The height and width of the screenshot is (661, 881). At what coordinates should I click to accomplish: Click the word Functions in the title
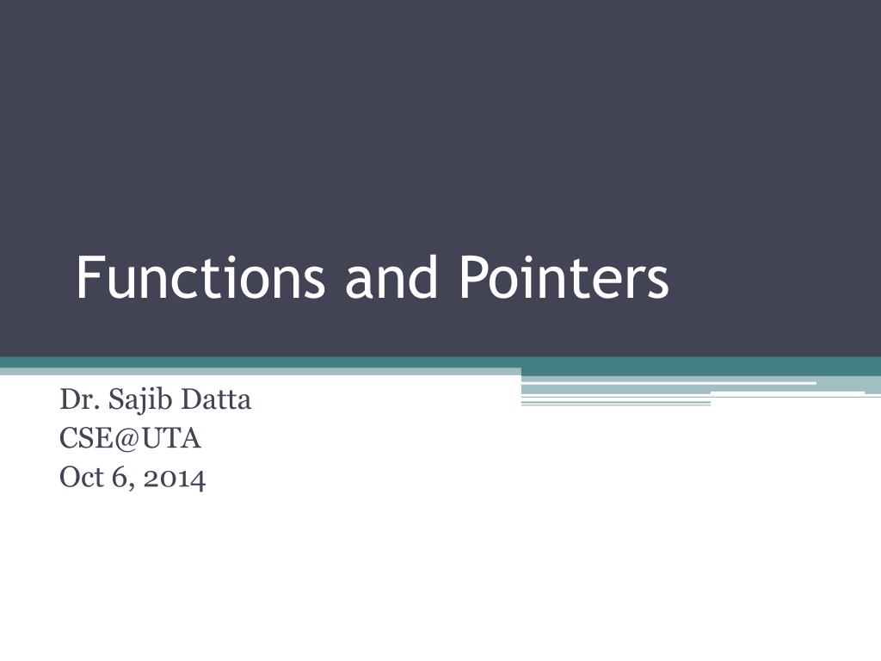(x=200, y=279)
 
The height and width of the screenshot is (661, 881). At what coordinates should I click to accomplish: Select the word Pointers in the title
(x=563, y=279)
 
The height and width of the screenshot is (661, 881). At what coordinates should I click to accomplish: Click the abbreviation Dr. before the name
(x=75, y=400)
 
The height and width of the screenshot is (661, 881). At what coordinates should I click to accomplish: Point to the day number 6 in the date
(x=118, y=478)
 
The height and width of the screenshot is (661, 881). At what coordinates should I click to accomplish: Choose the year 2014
(x=175, y=478)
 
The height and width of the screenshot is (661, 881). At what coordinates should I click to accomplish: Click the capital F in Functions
(x=85, y=279)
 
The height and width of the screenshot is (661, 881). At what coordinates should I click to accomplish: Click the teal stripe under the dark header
(x=258, y=362)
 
